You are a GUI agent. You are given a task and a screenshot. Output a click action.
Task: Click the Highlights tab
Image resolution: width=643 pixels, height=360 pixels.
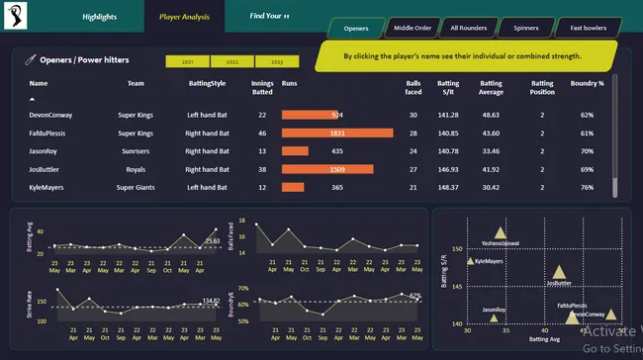pos(99,17)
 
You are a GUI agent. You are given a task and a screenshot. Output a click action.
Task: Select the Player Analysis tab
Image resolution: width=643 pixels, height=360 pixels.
pos(182,17)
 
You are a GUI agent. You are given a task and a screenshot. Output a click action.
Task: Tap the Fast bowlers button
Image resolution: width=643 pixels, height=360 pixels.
pos(589,28)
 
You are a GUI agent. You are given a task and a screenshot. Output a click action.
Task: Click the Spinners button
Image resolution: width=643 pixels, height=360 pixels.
pos(525,28)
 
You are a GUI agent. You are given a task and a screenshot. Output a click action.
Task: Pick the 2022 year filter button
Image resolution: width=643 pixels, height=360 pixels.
pos(231,61)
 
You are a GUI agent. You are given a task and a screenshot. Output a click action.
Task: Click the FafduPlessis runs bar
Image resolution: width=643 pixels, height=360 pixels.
pos(337,133)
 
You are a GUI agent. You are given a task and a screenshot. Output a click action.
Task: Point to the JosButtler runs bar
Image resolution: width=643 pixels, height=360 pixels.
pos(327,169)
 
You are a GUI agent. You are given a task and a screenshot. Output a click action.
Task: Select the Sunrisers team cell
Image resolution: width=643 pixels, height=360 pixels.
pos(136,151)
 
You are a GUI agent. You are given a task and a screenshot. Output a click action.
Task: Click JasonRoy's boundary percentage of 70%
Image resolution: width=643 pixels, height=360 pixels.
pos(587,151)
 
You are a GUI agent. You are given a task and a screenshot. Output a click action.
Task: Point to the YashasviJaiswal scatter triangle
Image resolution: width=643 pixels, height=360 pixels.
pos(500,233)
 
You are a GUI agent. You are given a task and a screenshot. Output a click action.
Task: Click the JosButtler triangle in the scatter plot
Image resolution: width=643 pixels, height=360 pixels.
pos(559,272)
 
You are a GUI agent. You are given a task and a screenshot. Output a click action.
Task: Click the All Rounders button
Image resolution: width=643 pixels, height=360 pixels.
pos(466,28)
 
